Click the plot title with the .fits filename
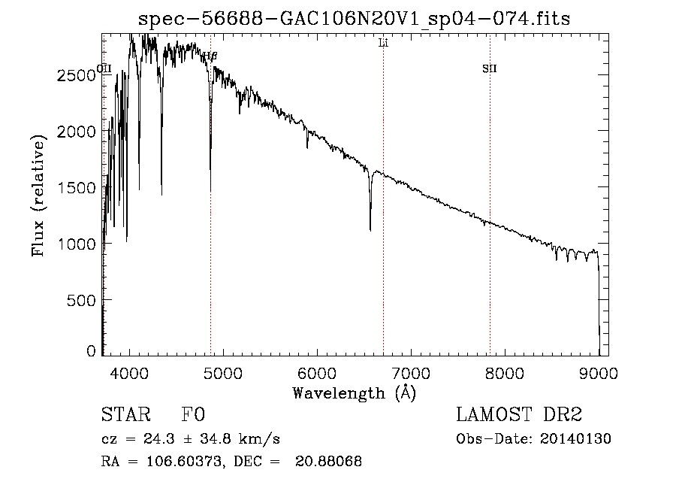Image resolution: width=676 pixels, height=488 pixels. (355, 18)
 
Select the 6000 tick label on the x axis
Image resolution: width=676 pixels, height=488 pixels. (318, 371)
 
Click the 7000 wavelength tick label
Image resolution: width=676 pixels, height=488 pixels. (411, 371)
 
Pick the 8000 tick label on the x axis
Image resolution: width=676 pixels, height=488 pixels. (505, 371)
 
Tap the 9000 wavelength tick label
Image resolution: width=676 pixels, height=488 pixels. (599, 371)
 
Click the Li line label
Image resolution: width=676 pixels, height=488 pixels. (383, 44)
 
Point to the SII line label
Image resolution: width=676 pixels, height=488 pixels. (490, 69)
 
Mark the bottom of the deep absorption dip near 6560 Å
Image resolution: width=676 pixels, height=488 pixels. (370, 229)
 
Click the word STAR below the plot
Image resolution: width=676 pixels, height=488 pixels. (125, 414)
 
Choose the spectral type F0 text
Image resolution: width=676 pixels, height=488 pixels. (193, 414)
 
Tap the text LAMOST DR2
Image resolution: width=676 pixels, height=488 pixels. (519, 414)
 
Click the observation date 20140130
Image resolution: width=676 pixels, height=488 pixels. (575, 439)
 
